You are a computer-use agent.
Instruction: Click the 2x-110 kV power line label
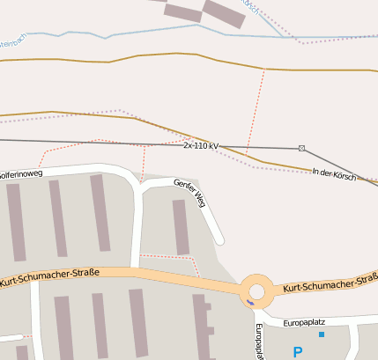201,144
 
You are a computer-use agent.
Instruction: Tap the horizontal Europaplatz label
304,323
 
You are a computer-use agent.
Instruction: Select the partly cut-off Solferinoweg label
19,174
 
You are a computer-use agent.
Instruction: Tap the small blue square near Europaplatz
322,334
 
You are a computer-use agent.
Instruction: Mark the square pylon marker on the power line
302,148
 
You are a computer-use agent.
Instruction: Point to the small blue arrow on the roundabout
250,303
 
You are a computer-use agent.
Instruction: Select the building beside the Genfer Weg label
181,226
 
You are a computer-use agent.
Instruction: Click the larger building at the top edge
224,11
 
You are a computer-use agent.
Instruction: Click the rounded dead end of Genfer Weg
219,239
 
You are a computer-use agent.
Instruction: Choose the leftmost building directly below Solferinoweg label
16,222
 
